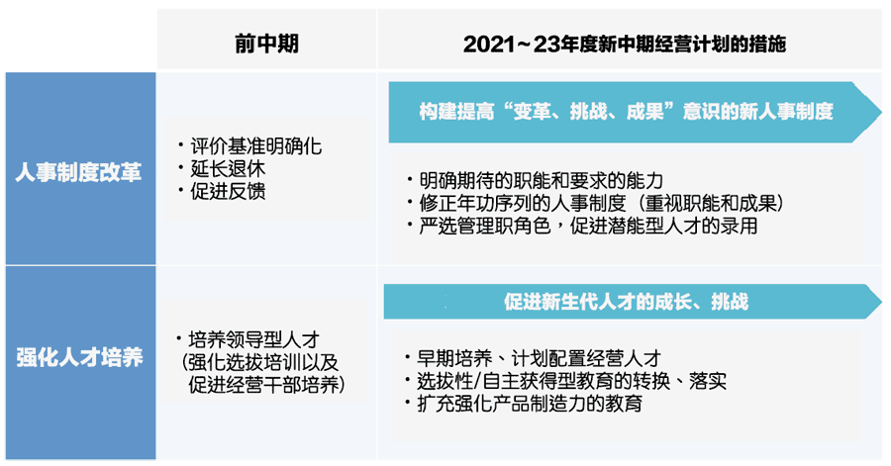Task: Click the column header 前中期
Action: [x=266, y=44]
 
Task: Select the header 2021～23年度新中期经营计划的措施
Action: [x=625, y=44]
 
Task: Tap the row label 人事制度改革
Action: [x=78, y=172]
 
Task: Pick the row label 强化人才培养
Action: [x=79, y=357]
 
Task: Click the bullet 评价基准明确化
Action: [x=256, y=146]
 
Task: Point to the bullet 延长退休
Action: [x=228, y=168]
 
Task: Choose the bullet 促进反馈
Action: [x=228, y=191]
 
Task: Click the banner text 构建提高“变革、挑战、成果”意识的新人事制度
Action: [x=627, y=111]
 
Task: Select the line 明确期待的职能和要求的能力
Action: [x=541, y=180]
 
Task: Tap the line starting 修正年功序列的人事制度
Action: [x=602, y=203]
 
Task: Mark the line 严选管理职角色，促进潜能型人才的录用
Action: [x=588, y=226]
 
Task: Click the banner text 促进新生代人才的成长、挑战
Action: [x=627, y=302]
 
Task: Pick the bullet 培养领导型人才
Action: [x=254, y=339]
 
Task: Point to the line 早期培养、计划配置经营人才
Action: [x=539, y=358]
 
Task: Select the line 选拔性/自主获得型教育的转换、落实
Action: [x=571, y=381]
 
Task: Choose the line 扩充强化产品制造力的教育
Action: [x=530, y=404]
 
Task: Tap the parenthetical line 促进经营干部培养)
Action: [x=266, y=385]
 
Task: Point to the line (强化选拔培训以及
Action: [x=259, y=362]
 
